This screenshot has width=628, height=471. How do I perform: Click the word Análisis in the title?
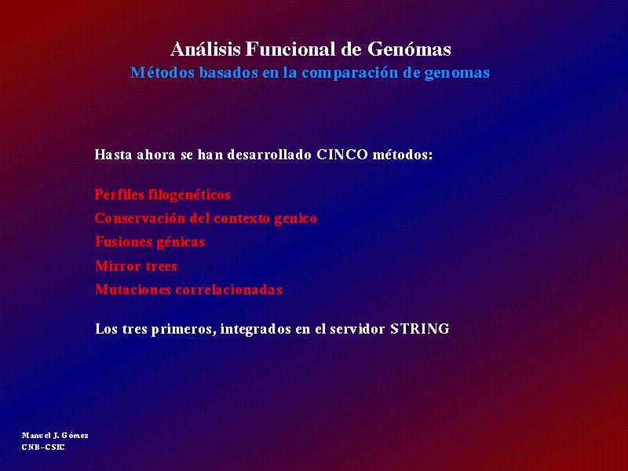(x=206, y=49)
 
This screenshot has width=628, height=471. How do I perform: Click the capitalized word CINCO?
(x=342, y=155)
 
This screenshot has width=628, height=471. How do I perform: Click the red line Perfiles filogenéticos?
(x=162, y=195)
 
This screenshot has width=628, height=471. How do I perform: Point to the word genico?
(x=296, y=219)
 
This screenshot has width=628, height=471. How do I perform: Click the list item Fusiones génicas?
(x=150, y=243)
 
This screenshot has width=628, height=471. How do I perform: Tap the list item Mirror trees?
(x=136, y=266)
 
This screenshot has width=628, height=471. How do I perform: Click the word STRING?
(x=420, y=329)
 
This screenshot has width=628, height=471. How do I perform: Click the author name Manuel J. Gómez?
(x=55, y=436)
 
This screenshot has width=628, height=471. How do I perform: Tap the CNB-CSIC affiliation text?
(x=43, y=447)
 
